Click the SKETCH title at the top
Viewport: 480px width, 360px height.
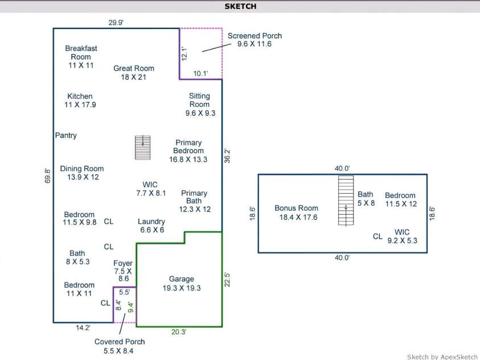[x=240, y=6]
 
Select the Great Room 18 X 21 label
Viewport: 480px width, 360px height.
[x=134, y=72]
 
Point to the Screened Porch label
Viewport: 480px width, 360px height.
[x=255, y=39]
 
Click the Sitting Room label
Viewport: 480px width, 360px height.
[x=200, y=104]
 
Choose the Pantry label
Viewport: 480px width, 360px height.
[x=66, y=136]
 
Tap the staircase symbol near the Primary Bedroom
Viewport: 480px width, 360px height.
[x=142, y=148]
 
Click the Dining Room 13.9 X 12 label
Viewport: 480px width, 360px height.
[x=82, y=173]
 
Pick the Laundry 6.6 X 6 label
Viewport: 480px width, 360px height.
[x=151, y=226]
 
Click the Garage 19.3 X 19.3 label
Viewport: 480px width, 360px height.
[x=182, y=283]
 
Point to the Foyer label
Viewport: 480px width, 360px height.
[x=123, y=271]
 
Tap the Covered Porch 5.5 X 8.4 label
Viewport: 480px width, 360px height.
[x=120, y=346]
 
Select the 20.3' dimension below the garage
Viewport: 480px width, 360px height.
[x=178, y=332]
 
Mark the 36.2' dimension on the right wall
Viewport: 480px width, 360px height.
[x=227, y=156]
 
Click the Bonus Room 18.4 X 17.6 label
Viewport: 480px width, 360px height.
[x=296, y=212]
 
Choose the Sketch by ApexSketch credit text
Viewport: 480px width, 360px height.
[x=442, y=357]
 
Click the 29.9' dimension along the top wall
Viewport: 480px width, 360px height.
[x=116, y=23]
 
